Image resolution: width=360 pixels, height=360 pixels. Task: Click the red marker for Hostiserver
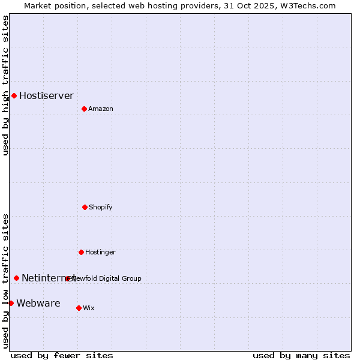pyautogui.click(x=14, y=95)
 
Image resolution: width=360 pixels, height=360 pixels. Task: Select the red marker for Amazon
pyautogui.click(x=84, y=109)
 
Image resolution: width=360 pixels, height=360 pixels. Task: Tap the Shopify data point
pyautogui.click(x=85, y=207)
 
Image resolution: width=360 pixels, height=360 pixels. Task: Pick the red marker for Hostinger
pyautogui.click(x=81, y=252)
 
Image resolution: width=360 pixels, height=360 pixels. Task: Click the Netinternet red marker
pyautogui.click(x=16, y=278)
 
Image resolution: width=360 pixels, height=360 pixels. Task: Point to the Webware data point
pyautogui.click(x=11, y=303)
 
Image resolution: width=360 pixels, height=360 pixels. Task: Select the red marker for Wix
pyautogui.click(x=79, y=308)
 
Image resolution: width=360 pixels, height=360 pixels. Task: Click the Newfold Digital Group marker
pyautogui.click(x=67, y=278)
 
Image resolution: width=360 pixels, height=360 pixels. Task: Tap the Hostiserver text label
pyautogui.click(x=46, y=95)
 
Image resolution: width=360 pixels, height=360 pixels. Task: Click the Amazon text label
pyautogui.click(x=100, y=109)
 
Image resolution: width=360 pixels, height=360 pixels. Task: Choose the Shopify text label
pyautogui.click(x=100, y=207)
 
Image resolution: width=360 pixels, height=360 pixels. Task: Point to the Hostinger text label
pyautogui.click(x=100, y=252)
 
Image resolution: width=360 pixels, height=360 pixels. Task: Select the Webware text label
pyautogui.click(x=38, y=303)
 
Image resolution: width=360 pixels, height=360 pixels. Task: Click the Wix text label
pyautogui.click(x=88, y=308)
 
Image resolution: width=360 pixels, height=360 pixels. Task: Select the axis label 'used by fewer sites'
pyautogui.click(x=62, y=355)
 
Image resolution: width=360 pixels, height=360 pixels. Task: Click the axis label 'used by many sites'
pyautogui.click(x=301, y=355)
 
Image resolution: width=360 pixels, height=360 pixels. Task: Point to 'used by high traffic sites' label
pyautogui.click(x=5, y=85)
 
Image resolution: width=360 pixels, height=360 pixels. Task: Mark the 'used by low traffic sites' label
pyautogui.click(x=5, y=280)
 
